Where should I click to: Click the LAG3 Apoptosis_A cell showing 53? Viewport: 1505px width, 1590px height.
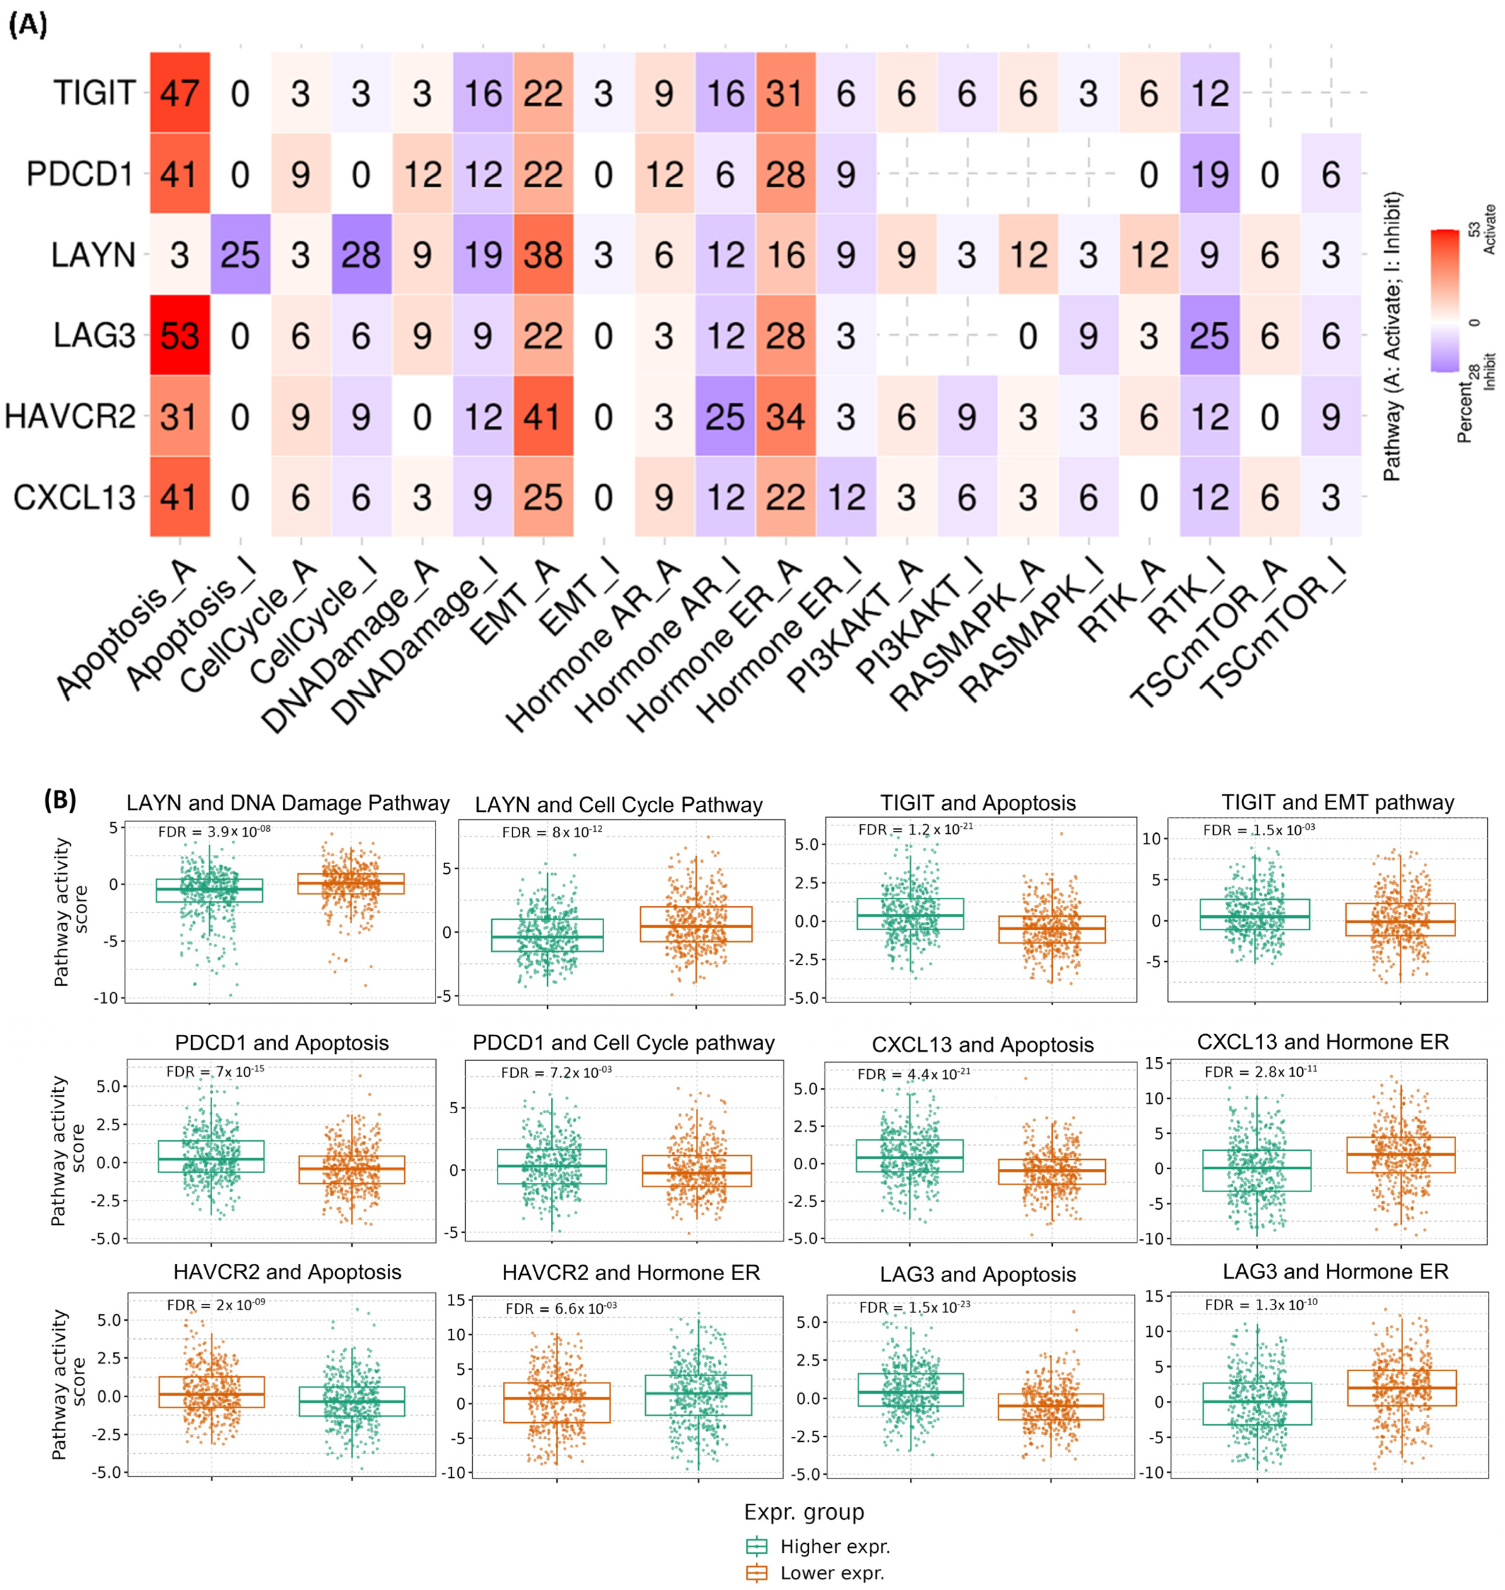(x=180, y=335)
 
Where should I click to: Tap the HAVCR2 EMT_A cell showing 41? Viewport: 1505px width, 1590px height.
(x=543, y=416)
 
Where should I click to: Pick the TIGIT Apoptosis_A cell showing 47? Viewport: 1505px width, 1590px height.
(x=180, y=93)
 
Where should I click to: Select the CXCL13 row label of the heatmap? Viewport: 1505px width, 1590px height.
(x=75, y=498)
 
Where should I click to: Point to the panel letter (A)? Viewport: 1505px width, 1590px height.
(x=28, y=26)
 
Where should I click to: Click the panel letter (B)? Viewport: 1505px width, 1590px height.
(x=60, y=800)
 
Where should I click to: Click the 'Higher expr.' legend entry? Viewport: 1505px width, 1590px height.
(x=834, y=1547)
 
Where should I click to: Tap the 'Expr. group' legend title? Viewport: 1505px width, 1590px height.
(x=804, y=1512)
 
